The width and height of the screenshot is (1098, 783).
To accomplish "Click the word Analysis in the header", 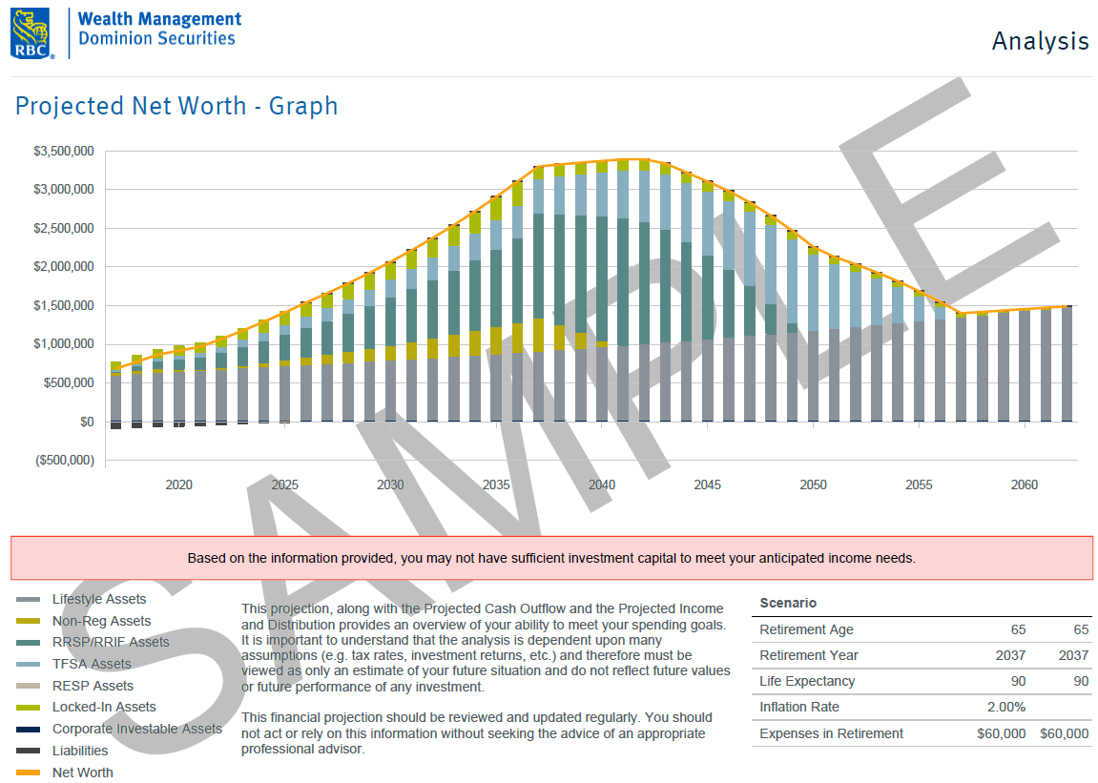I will (1040, 41).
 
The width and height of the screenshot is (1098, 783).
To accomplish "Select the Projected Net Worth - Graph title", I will (176, 105).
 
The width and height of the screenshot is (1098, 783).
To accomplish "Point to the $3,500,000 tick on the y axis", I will (63, 152).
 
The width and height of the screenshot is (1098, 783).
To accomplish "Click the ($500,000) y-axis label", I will (63, 461).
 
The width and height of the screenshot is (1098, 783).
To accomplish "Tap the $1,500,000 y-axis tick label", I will (63, 306).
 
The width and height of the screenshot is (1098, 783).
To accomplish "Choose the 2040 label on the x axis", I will (601, 484).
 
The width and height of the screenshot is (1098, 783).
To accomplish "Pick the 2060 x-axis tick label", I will (1025, 484).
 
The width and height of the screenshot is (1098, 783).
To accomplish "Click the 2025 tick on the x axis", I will (284, 484).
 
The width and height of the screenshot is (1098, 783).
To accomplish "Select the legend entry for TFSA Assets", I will (92, 664).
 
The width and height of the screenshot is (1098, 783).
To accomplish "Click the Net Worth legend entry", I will (82, 773).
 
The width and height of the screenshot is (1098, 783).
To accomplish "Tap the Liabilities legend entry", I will (80, 751).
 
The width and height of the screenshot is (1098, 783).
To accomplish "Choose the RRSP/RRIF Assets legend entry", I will (111, 642).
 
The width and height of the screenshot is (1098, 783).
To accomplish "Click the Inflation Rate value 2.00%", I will (1005, 708).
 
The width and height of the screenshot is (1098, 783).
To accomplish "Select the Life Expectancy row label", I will (807, 681).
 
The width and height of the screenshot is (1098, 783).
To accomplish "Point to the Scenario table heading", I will (788, 603).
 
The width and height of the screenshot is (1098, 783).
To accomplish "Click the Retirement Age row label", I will (806, 629).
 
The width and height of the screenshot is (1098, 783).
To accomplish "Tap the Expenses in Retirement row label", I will (831, 733).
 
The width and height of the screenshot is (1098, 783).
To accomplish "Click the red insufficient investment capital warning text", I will (551, 558).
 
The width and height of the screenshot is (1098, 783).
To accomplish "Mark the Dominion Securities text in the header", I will (156, 39).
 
